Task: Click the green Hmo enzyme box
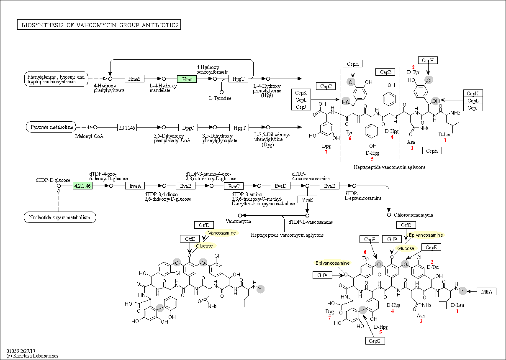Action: [187, 79]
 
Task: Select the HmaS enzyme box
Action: [134, 79]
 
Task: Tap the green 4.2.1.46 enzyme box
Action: [82, 186]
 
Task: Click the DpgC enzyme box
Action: [188, 128]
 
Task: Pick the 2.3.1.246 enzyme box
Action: [127, 128]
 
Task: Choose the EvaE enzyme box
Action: [329, 186]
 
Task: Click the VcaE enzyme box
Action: [307, 199]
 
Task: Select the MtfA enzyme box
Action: [487, 291]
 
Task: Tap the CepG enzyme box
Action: [375, 341]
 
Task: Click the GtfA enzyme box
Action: [322, 275]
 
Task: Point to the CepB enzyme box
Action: [385, 72]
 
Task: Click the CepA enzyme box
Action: [432, 151]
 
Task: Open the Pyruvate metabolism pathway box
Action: [51, 127]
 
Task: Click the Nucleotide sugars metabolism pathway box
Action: [60, 217]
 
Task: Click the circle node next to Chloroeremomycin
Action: [389, 214]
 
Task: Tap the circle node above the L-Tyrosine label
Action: [221, 92]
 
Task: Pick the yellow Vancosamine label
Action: [222, 233]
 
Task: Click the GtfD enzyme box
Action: [204, 225]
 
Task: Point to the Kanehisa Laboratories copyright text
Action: [32, 356]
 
